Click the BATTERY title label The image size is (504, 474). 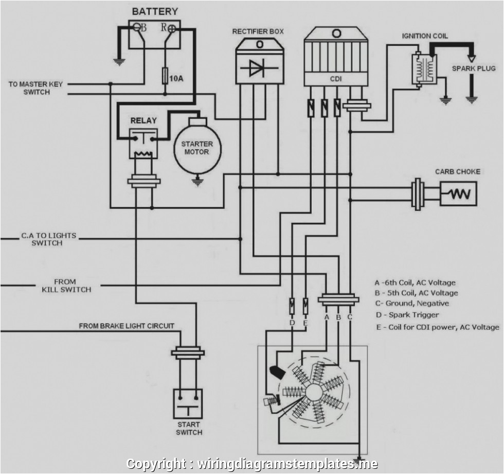point(155,11)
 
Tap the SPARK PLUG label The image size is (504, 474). point(474,68)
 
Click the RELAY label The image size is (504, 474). point(143,121)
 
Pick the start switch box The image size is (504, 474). point(188,403)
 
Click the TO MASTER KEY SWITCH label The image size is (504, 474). point(35,88)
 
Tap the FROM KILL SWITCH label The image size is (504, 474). point(66,286)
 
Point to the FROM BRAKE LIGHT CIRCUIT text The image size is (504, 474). point(127,326)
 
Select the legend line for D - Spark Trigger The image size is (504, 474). point(407,314)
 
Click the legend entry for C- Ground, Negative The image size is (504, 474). point(411,303)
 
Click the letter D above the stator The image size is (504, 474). point(292,322)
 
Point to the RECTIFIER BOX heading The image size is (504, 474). point(258,31)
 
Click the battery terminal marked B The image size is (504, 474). point(137,28)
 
